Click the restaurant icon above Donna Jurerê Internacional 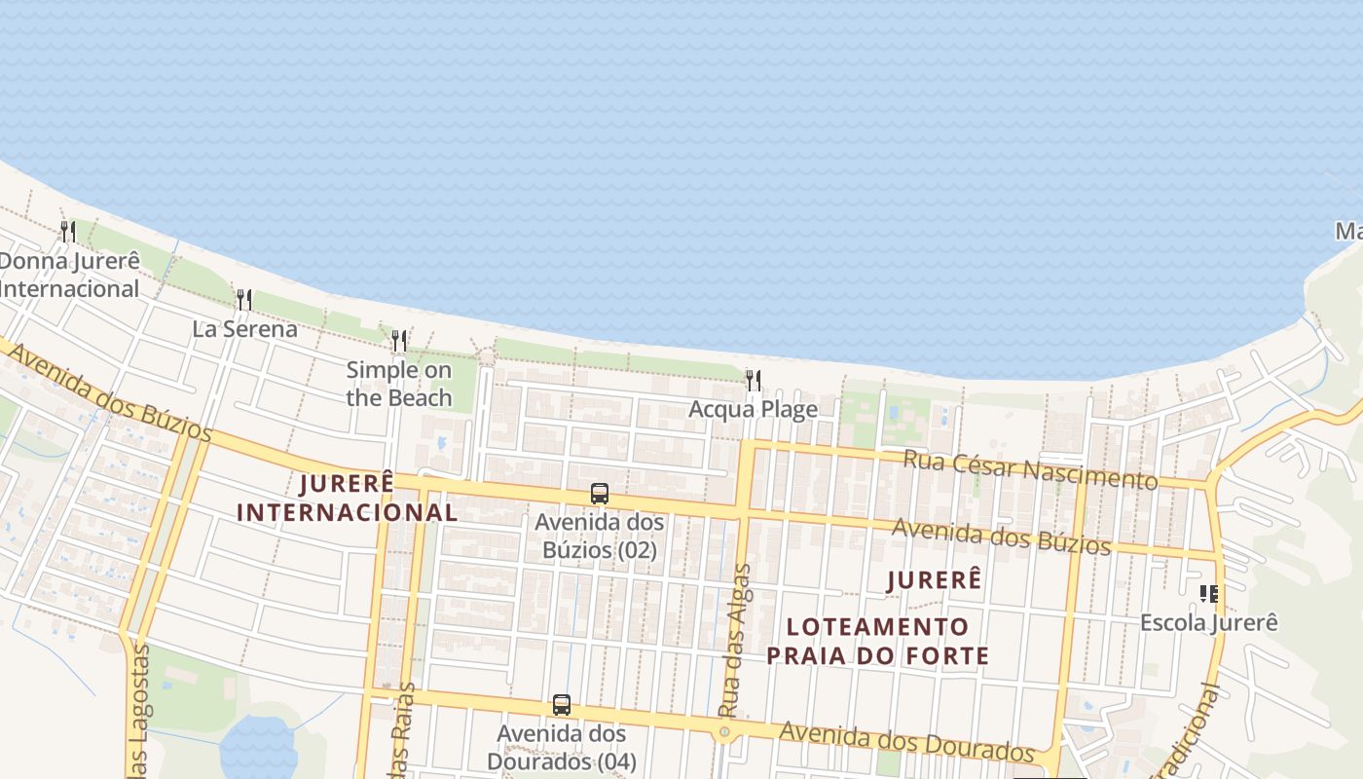tap(68, 231)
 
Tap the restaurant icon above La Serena tap(244, 299)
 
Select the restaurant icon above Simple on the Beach tap(399, 341)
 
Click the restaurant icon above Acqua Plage tap(753, 380)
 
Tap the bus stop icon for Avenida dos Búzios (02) tap(600, 494)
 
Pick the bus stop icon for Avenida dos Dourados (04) tap(562, 705)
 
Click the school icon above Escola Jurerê tap(1209, 593)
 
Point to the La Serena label tap(244, 329)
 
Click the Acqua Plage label tap(753, 409)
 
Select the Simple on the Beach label tap(399, 384)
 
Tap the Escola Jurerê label tap(1208, 622)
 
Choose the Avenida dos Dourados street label tap(906, 742)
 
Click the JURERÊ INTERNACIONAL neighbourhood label tap(347, 498)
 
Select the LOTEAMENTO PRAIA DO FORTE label tap(877, 641)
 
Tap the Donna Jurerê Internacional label tap(70, 275)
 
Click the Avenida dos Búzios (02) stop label tap(599, 536)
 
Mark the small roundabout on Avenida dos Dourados tap(723, 731)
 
